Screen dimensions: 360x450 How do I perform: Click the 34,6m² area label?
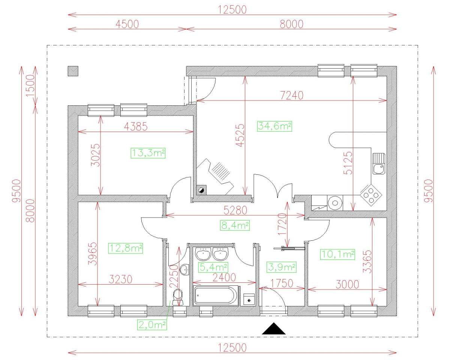[x=274, y=126]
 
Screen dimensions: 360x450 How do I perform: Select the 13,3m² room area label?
[x=148, y=153]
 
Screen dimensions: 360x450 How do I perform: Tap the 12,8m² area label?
[x=126, y=248]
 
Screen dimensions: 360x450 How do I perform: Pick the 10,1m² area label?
[x=337, y=255]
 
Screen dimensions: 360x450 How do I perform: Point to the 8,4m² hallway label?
[x=235, y=225]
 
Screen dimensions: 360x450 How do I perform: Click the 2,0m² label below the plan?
[x=152, y=325]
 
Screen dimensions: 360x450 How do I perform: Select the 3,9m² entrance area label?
[x=281, y=267]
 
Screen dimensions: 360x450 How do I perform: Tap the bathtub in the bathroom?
[x=216, y=295]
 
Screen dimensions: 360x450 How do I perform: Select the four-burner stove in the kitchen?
[x=371, y=194]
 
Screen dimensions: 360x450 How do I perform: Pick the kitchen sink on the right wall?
[x=379, y=164]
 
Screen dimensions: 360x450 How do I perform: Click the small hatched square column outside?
[x=73, y=71]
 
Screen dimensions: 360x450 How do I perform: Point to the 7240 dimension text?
[x=291, y=95]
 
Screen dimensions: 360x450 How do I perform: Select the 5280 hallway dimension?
[x=234, y=211]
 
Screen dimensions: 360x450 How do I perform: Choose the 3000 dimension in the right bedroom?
[x=347, y=284]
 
